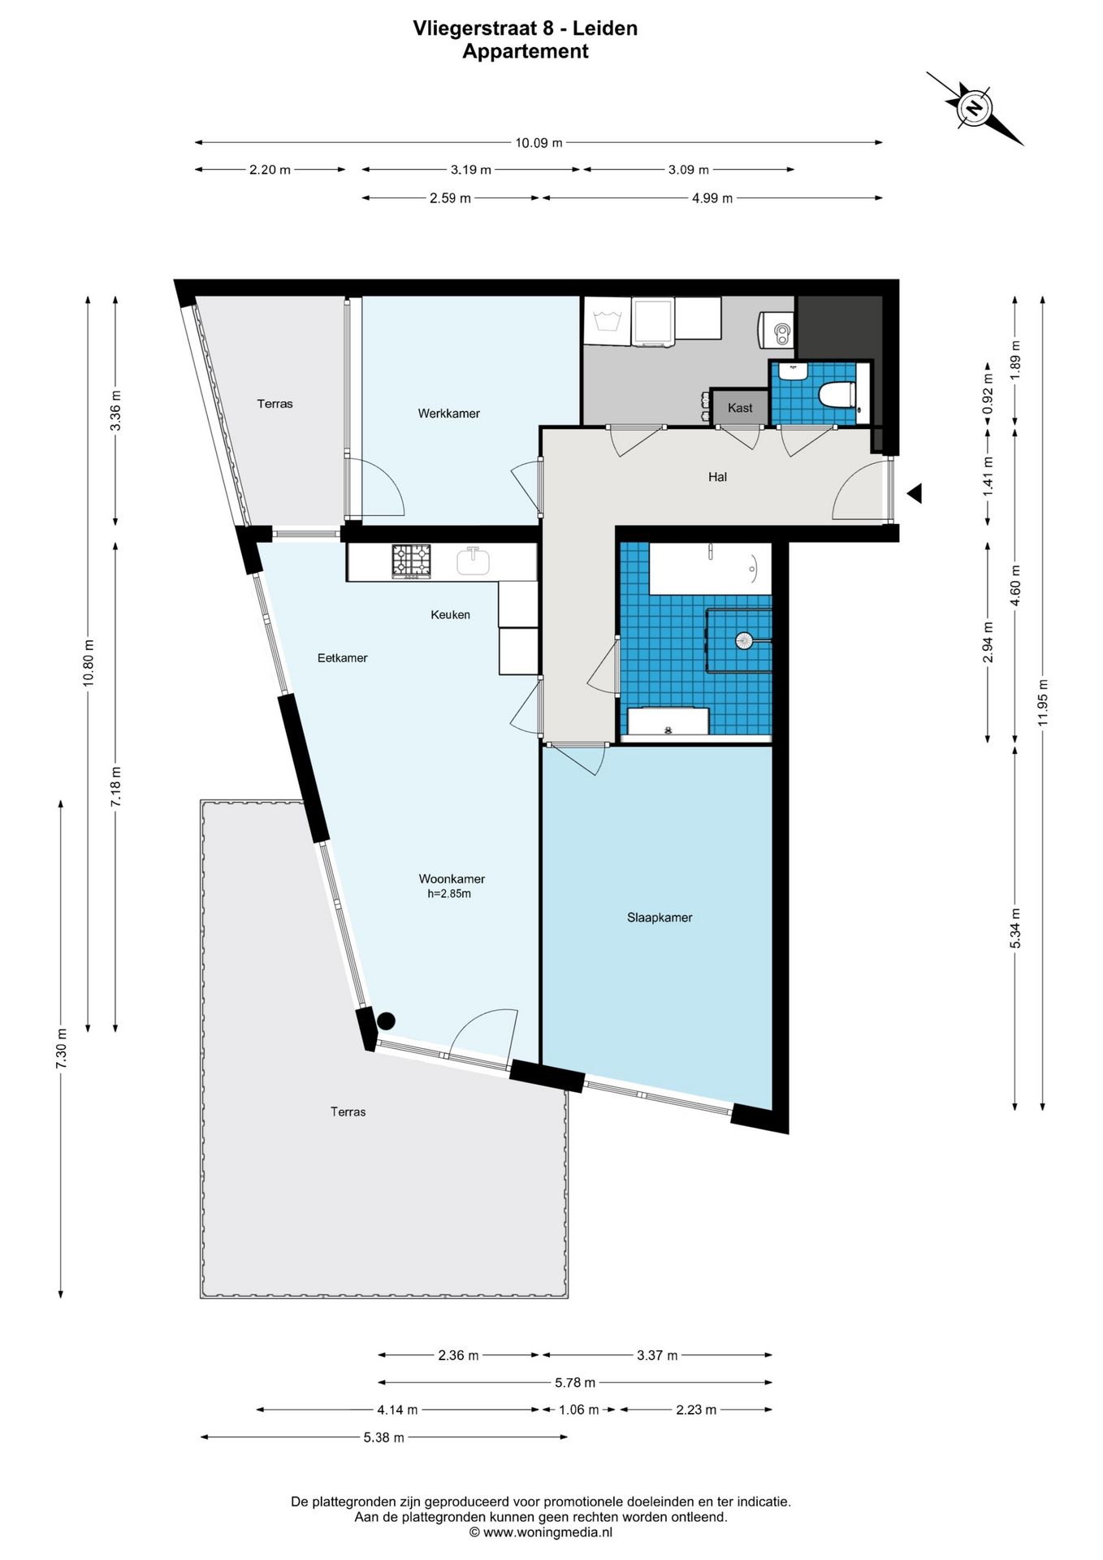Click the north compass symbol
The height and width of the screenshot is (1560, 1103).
(974, 107)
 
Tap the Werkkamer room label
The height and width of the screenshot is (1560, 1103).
(448, 414)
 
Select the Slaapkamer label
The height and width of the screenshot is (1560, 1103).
(660, 918)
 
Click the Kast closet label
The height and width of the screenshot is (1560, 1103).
(740, 408)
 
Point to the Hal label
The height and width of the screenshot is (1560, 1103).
(717, 477)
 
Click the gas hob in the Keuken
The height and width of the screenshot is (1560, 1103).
(412, 561)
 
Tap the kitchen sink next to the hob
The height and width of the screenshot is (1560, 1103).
(473, 561)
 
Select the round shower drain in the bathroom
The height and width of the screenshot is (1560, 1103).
(744, 640)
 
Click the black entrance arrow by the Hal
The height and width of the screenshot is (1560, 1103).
(915, 493)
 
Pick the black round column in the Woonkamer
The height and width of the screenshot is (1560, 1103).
(386, 1020)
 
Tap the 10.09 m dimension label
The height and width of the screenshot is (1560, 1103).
(539, 143)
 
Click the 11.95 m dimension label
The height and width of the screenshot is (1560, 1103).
(1043, 702)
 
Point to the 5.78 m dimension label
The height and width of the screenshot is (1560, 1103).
(575, 1382)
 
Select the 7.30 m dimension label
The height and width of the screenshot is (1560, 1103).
(61, 1049)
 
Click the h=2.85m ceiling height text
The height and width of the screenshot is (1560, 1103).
(449, 894)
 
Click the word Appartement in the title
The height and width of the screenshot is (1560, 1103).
(526, 51)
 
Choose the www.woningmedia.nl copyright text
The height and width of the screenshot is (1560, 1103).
(541, 1532)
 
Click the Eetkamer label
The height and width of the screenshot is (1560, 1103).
(342, 658)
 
